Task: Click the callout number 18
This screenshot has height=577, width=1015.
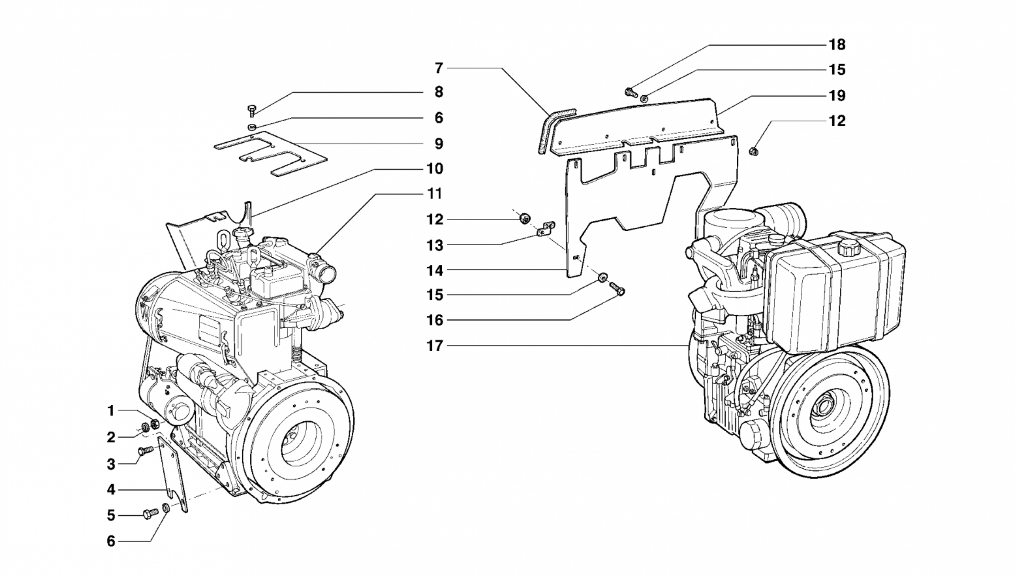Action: (x=837, y=45)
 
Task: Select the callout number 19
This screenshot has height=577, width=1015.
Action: (x=837, y=96)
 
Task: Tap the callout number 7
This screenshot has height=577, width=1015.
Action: (x=439, y=68)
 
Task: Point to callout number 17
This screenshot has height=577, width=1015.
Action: (x=435, y=346)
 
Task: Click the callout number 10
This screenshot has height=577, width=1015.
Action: (x=434, y=169)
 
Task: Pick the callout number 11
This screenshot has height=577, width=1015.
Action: (x=434, y=194)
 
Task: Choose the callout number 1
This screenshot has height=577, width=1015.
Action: (x=111, y=411)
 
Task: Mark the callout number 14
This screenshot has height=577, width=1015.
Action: (x=435, y=271)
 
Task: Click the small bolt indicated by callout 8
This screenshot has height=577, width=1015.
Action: (x=251, y=110)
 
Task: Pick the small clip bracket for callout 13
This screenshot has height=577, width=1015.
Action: (x=546, y=229)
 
